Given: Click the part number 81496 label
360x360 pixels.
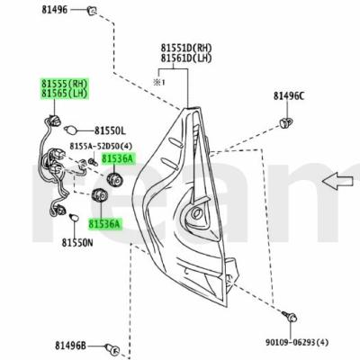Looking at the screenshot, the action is [54, 10].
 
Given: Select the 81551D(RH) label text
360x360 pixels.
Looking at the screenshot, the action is [186, 48].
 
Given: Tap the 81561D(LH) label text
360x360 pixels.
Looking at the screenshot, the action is [186, 58].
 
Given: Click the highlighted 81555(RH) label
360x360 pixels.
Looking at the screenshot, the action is [65, 83].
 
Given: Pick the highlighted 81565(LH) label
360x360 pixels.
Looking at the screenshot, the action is [65, 94].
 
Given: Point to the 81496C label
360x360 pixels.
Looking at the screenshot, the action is [289, 96].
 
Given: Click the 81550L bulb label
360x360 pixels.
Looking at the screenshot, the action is [110, 130].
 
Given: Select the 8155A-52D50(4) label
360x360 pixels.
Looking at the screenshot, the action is [101, 146].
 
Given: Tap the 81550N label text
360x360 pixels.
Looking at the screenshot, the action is [77, 242].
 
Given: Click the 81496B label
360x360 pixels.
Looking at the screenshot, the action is [70, 346].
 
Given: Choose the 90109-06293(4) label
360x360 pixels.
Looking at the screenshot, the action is [297, 342].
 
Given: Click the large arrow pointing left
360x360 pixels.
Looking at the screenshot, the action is [337, 181].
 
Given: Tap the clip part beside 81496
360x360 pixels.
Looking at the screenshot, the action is [92, 11].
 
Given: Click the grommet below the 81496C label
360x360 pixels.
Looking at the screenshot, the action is [285, 122].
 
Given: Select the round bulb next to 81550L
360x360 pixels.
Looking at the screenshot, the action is [71, 130].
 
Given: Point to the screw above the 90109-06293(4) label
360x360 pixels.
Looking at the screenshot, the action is [290, 316].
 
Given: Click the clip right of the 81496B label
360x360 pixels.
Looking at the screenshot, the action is [112, 349].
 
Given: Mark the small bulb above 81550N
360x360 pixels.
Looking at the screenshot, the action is [74, 217].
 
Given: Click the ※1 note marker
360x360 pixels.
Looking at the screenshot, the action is [159, 82].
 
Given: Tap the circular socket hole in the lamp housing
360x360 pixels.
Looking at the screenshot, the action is [196, 212].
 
